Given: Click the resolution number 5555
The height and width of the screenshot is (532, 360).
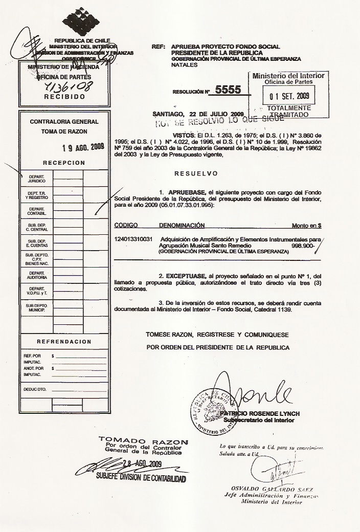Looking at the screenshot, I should pos(228,90).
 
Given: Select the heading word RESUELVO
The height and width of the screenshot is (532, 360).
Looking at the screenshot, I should pos(196,173).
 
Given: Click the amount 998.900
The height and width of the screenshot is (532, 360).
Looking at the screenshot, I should pos(302,246).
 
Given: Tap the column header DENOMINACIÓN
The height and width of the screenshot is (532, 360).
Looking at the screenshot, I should pos(182,225).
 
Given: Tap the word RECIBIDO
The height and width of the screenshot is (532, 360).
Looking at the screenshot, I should pos(63,96).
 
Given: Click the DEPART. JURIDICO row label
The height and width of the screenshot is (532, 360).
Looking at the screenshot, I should pos(37,179).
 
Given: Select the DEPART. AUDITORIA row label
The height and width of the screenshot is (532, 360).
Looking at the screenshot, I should pos(37,275).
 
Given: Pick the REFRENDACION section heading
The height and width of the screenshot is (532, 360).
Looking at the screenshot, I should pos(64,342).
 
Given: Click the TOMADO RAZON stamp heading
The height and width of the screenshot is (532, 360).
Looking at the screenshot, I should pos(143,440).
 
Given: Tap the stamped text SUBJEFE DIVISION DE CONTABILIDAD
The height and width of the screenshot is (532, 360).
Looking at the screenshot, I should pos(141,478).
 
